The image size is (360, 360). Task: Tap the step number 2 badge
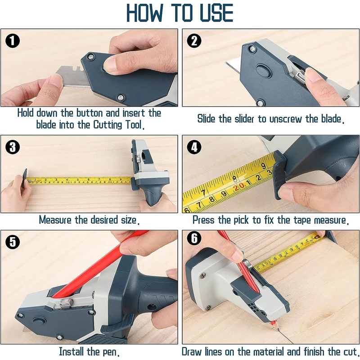pos(194,41)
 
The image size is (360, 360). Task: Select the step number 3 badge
pos(13,148)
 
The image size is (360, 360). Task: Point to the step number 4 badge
pos(194,148)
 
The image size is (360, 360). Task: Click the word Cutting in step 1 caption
pos(111,124)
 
